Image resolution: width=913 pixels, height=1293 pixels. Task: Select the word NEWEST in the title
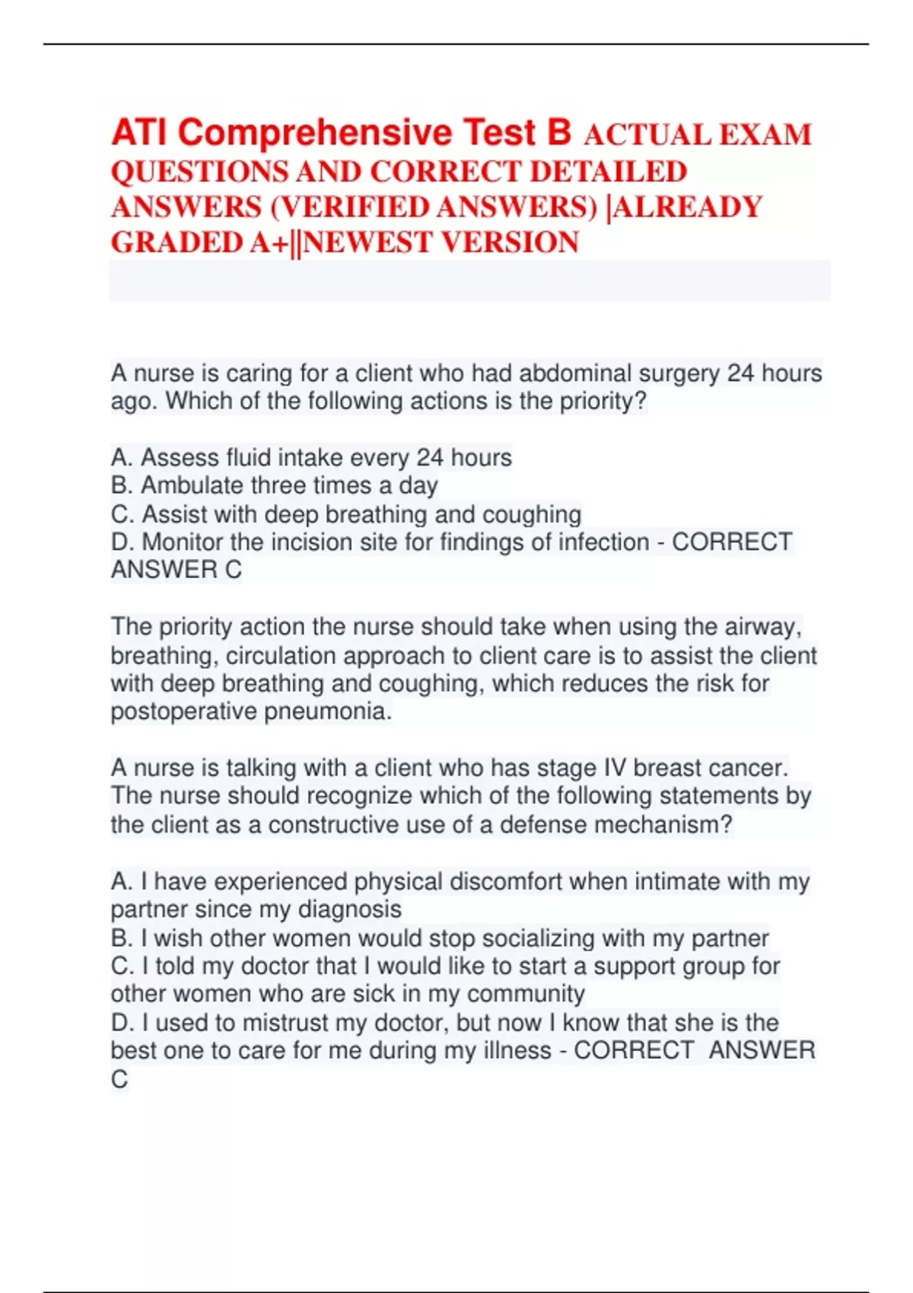click(x=368, y=243)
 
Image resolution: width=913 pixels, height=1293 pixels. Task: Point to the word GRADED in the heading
click(x=177, y=243)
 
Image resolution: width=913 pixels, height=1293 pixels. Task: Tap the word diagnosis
click(x=349, y=910)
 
